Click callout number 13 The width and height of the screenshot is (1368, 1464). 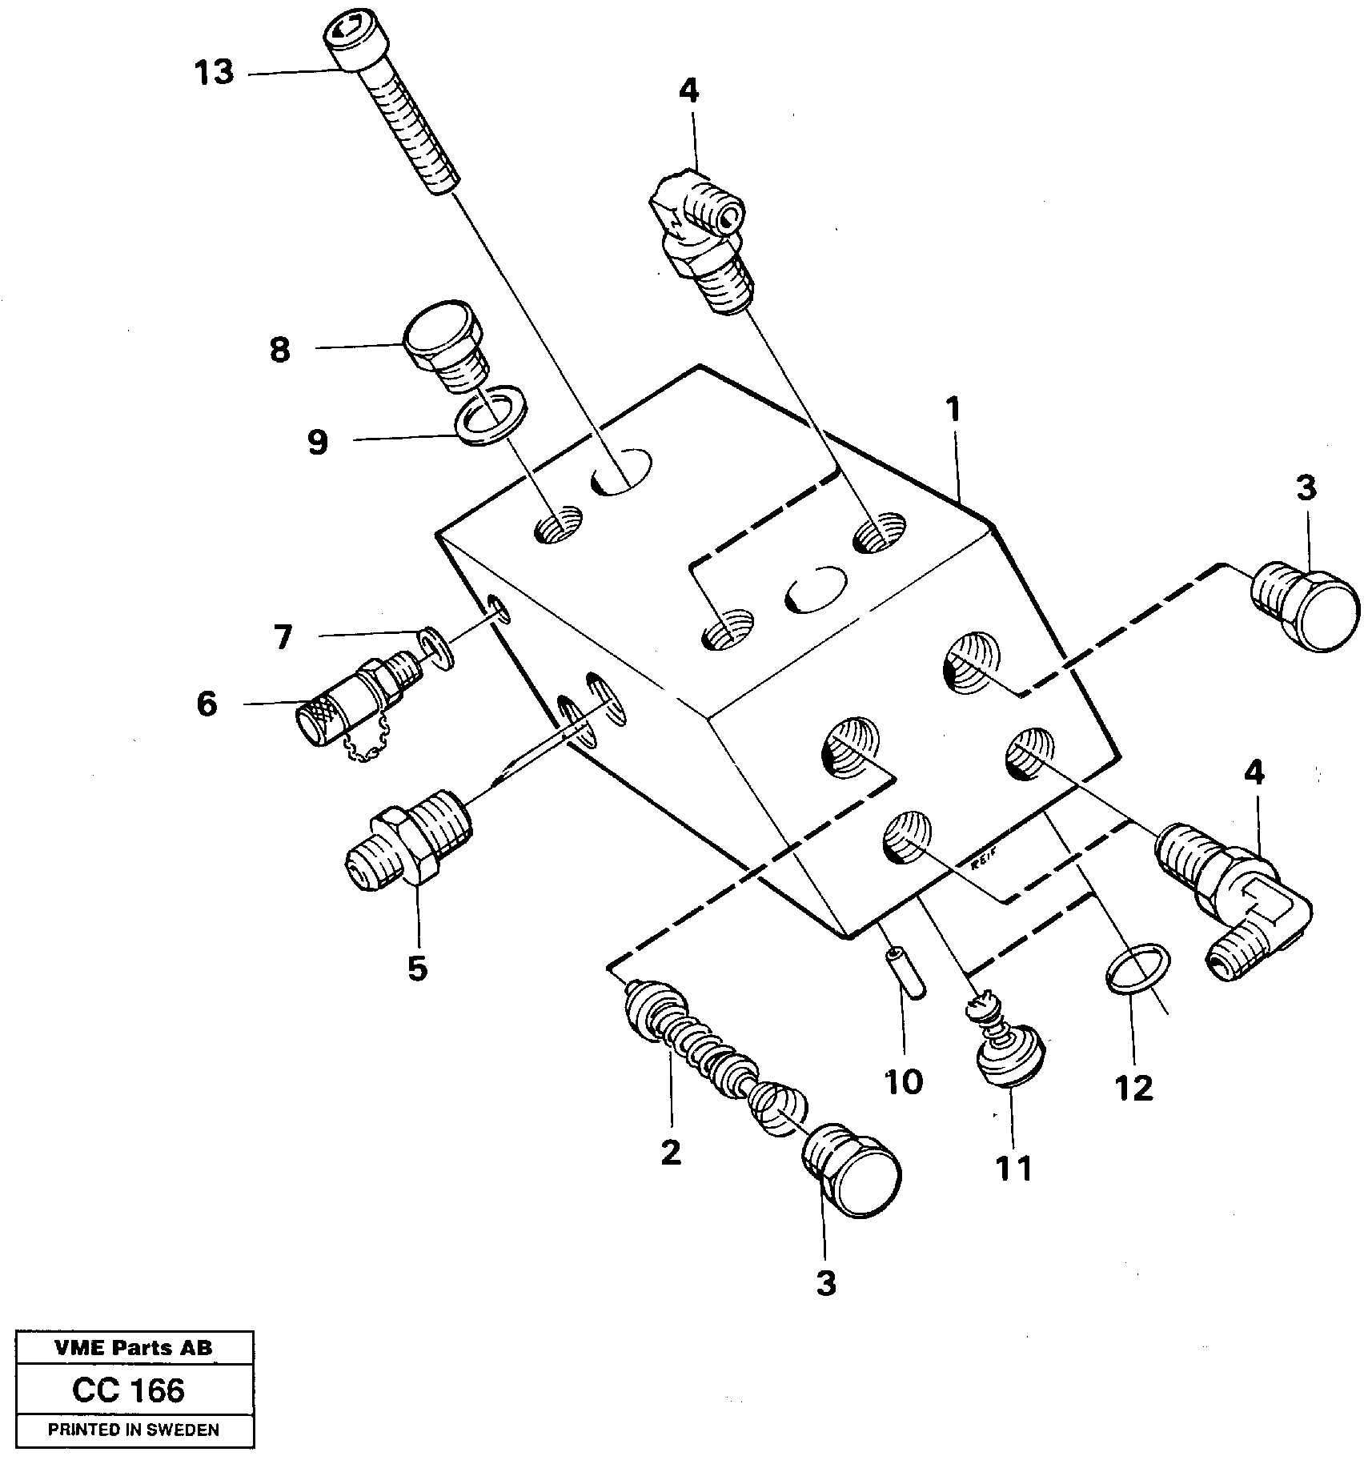214,73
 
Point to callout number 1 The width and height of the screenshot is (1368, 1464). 953,410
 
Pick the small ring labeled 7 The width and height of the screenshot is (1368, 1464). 436,644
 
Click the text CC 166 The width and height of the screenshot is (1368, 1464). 128,1390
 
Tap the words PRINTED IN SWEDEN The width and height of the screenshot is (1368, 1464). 134,1430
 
